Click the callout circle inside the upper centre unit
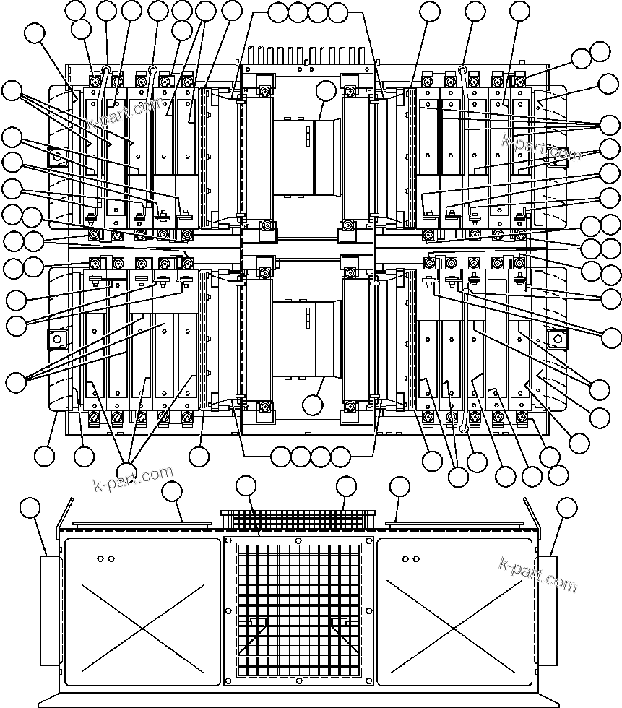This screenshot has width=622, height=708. pyautogui.click(x=327, y=91)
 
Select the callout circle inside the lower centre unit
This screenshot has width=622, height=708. pyautogui.click(x=313, y=404)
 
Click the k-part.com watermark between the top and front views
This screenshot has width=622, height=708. pyautogui.click(x=134, y=478)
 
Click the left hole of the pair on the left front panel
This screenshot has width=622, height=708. pyautogui.click(x=101, y=558)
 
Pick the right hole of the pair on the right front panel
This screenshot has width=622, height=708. pyautogui.click(x=416, y=558)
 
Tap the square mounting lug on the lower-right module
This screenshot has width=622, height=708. pyautogui.click(x=556, y=338)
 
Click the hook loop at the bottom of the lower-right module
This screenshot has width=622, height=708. pyautogui.click(x=465, y=428)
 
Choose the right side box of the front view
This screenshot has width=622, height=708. pyautogui.click(x=548, y=610)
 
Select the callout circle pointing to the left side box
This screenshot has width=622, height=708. pyautogui.click(x=30, y=507)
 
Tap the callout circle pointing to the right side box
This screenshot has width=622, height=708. pyautogui.click(x=567, y=507)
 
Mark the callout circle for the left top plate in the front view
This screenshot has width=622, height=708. pyautogui.click(x=172, y=492)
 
